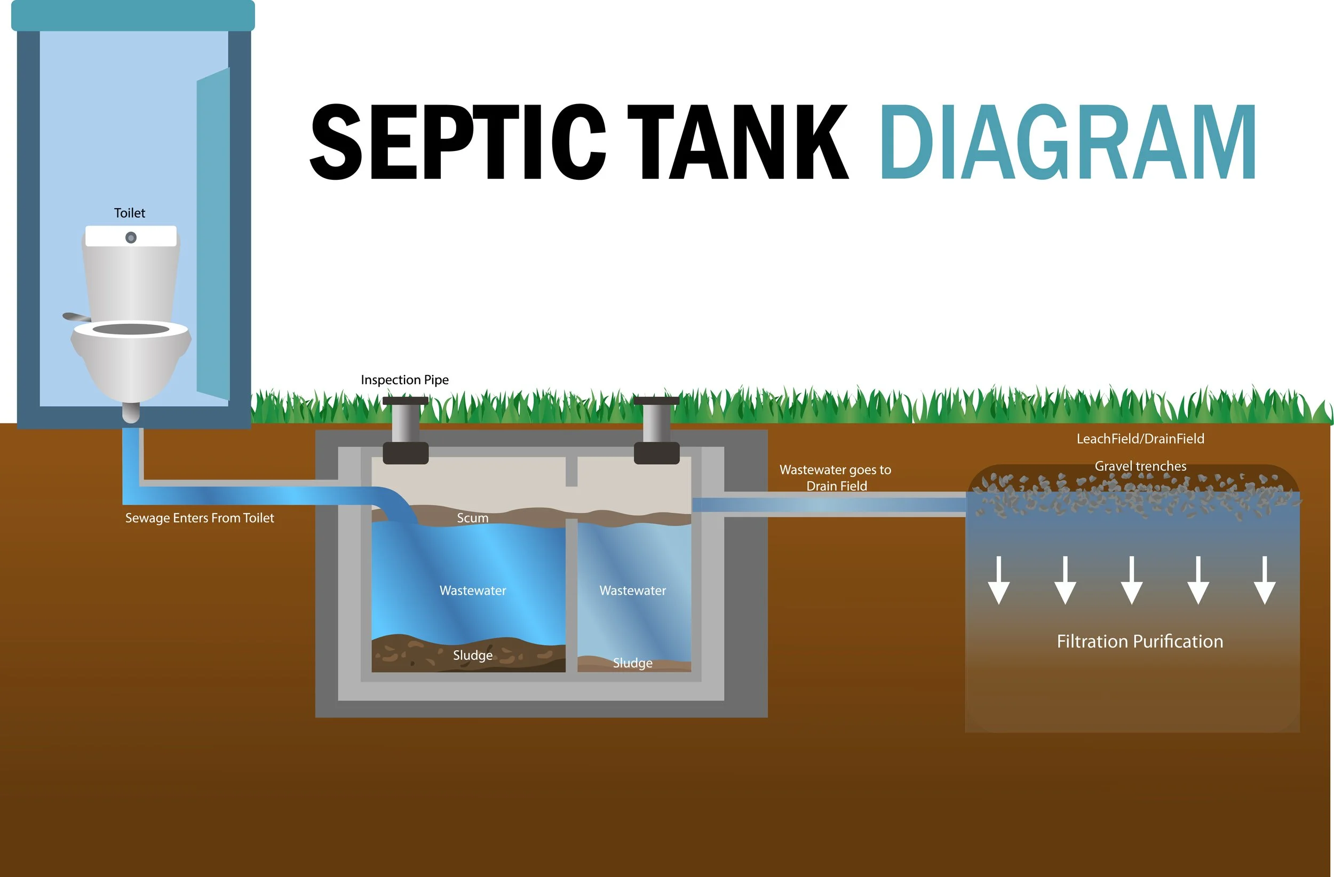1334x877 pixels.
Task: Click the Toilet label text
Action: pyautogui.click(x=130, y=213)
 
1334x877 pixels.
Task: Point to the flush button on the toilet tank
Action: pyautogui.click(x=131, y=237)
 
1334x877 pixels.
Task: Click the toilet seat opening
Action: pyautogui.click(x=131, y=329)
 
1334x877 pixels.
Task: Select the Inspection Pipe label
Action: pyautogui.click(x=404, y=380)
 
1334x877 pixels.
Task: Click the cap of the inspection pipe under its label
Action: pyautogui.click(x=405, y=401)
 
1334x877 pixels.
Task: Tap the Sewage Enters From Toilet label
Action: pyautogui.click(x=200, y=518)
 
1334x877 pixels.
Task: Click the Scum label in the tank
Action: pyautogui.click(x=473, y=518)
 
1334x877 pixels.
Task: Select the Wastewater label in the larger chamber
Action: pyautogui.click(x=473, y=591)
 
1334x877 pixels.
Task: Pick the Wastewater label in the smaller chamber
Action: pyautogui.click(x=633, y=591)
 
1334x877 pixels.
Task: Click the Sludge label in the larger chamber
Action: pyautogui.click(x=473, y=655)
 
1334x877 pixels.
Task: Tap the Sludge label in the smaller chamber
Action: pyautogui.click(x=633, y=663)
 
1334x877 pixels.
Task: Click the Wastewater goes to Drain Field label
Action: pyautogui.click(x=836, y=477)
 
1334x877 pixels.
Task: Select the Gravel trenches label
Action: pyautogui.click(x=1140, y=466)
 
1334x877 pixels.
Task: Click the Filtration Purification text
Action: pyautogui.click(x=1140, y=641)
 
